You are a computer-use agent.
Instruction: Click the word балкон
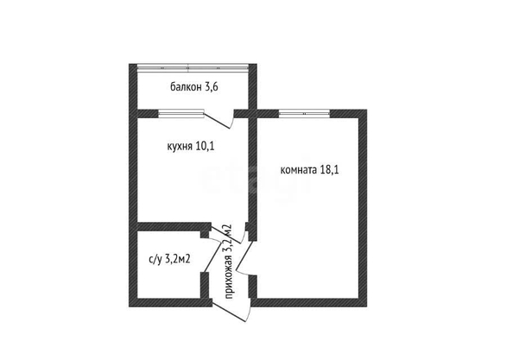click(x=186, y=87)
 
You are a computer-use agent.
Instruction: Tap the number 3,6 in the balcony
click(x=212, y=87)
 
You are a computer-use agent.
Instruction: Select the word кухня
click(x=180, y=146)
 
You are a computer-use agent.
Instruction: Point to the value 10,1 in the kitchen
click(x=205, y=146)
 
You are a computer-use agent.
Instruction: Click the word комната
click(x=299, y=170)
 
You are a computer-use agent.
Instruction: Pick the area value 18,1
click(x=329, y=170)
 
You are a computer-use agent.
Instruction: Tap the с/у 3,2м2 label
click(x=169, y=260)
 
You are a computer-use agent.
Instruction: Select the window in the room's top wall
click(x=304, y=113)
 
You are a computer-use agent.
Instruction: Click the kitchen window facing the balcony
click(x=180, y=113)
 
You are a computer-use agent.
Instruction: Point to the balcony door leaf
click(x=218, y=120)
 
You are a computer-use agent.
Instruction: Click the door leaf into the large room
click(x=244, y=257)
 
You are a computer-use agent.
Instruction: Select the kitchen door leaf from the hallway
click(x=225, y=233)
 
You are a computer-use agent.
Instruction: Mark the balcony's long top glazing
click(x=193, y=67)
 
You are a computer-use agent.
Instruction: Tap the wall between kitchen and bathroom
click(x=174, y=226)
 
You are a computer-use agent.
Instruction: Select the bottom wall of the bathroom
click(x=170, y=302)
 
